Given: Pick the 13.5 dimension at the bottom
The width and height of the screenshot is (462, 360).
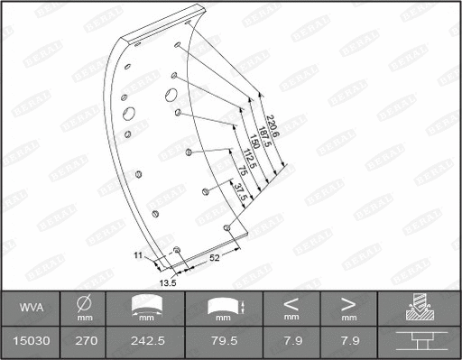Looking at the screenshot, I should pos(167,282).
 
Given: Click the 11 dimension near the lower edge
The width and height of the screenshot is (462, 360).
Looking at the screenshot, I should pos(138,256).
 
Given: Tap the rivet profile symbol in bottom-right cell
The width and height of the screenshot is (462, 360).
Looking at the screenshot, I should pos(420,342).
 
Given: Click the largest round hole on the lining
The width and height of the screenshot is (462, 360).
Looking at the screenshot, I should pos(128,115).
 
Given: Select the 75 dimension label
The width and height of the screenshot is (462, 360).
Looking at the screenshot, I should pos(244,173).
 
